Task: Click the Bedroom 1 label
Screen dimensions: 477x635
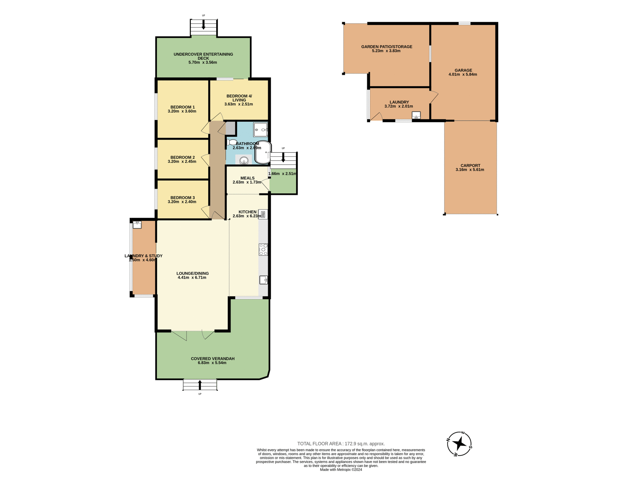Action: click(183, 107)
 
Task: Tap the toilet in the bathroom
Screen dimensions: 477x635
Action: click(232, 142)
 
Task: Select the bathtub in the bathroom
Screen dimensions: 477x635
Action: click(263, 152)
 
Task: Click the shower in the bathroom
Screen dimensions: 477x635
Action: click(260, 130)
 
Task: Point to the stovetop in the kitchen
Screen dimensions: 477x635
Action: click(263, 249)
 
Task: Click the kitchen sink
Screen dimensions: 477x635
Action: click(264, 280)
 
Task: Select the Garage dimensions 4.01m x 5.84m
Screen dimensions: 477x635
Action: click(463, 75)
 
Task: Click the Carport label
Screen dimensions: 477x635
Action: click(470, 166)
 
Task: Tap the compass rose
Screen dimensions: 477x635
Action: click(459, 444)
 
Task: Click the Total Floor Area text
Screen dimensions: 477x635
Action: click(341, 444)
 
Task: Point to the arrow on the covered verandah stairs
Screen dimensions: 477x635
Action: click(200, 385)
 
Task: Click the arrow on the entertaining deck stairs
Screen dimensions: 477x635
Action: click(203, 25)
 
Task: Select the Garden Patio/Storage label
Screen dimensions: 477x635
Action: click(387, 47)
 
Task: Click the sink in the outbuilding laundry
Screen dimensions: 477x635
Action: click(416, 115)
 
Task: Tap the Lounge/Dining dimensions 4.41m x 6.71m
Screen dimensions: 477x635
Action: click(192, 278)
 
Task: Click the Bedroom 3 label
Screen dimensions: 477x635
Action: click(183, 197)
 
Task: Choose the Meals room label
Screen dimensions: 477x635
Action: click(247, 178)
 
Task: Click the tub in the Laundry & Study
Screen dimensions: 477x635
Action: click(137, 225)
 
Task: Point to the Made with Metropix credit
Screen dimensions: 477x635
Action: click(341, 470)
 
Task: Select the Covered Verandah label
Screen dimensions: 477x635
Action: click(213, 358)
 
